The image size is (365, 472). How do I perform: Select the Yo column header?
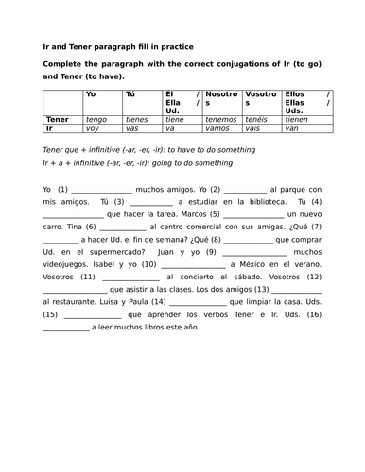[91, 94]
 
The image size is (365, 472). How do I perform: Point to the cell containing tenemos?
[221, 120]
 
